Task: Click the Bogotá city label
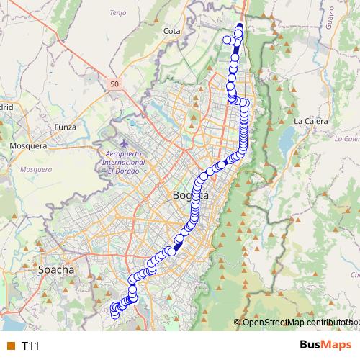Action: pos(191,195)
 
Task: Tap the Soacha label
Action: pos(55,269)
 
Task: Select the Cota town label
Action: pos(171,31)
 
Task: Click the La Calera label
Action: pos(311,121)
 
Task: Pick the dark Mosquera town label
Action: pos(27,145)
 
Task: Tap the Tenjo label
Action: pos(117,13)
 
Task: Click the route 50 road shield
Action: pos(115,84)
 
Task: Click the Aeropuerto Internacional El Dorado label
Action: pos(126,162)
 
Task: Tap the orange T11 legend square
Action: pos(10,346)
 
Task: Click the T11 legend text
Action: pos(31,346)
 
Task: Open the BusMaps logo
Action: pos(325,345)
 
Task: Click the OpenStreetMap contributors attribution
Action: pos(295,322)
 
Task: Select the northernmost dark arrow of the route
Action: pos(239,28)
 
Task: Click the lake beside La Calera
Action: pos(287,136)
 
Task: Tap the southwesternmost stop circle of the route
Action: pos(114,314)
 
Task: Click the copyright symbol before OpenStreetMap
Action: pos(238,322)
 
